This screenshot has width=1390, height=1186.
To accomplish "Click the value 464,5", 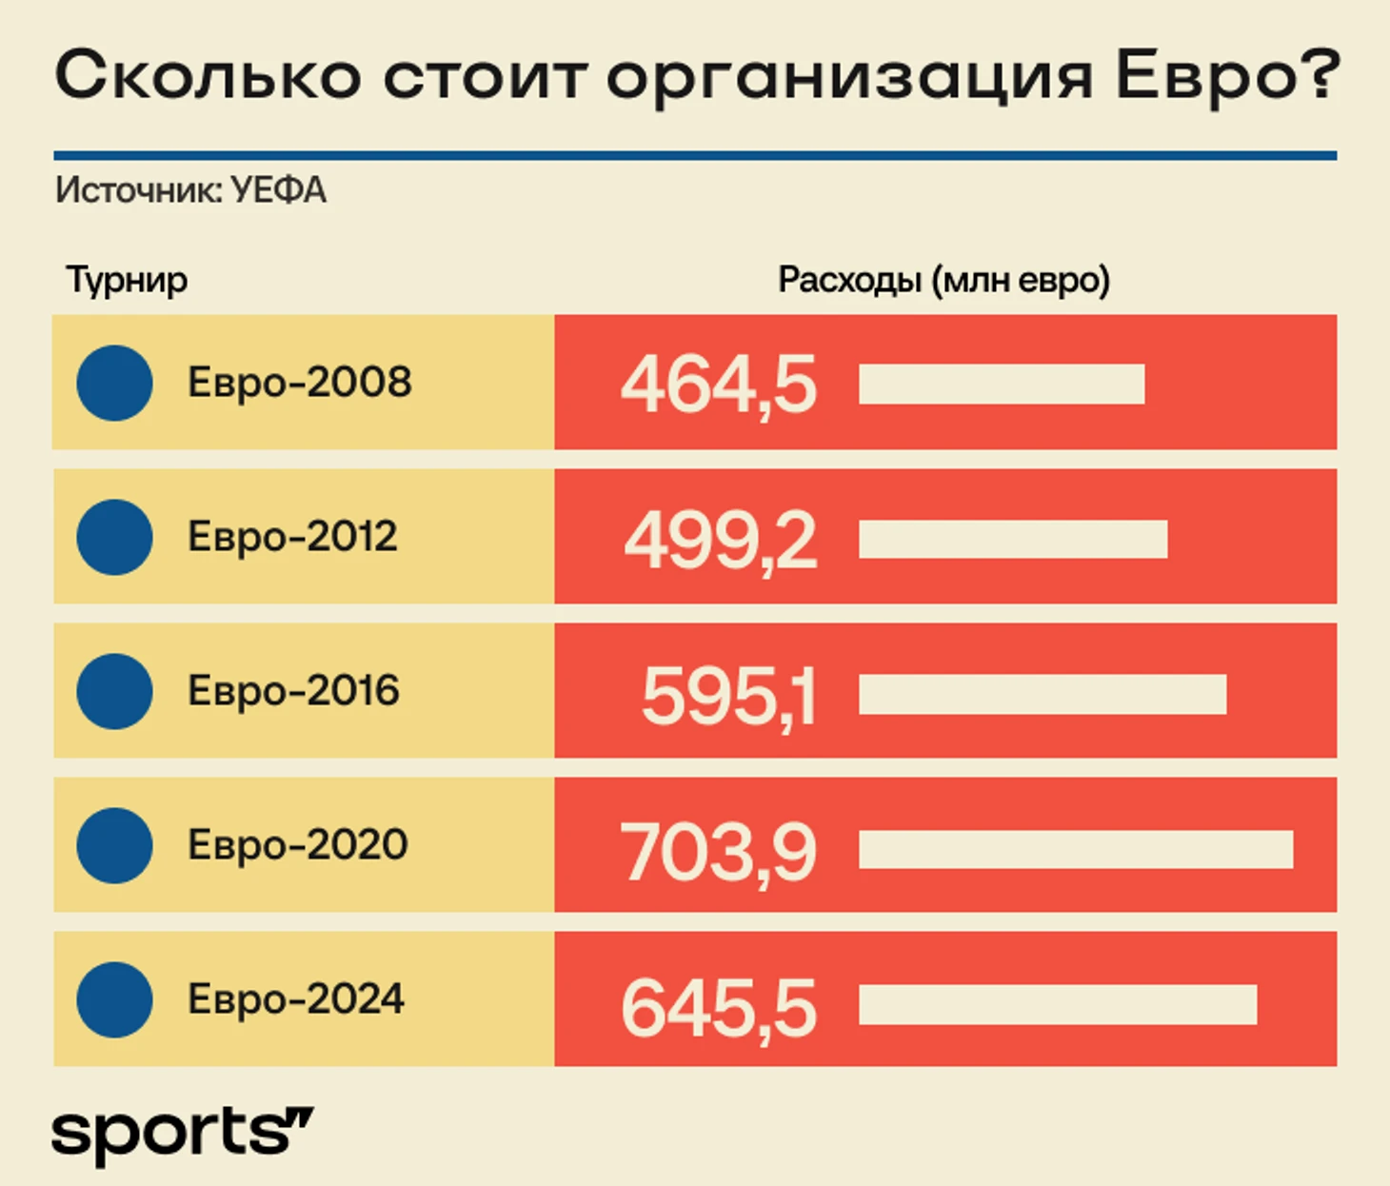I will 719,385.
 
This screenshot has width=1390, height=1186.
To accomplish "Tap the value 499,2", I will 721,540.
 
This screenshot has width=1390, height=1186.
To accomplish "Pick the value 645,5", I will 719,1007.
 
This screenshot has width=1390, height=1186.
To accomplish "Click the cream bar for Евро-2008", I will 1002,385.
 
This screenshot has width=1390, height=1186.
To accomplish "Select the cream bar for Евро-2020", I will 1076,850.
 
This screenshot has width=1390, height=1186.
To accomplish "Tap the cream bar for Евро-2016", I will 1042,695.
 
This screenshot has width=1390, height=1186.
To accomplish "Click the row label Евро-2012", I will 292,537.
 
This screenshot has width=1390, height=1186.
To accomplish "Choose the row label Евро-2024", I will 296,999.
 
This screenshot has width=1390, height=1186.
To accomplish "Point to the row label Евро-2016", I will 293,691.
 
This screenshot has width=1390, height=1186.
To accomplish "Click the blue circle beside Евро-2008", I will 114,383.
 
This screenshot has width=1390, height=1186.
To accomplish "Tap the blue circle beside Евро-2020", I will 114,845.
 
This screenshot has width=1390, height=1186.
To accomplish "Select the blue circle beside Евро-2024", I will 114,999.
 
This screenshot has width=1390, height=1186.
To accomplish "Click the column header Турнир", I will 127,281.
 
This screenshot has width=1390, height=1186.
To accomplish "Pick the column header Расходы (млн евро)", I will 943,281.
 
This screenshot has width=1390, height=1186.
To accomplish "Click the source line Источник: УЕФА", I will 190,190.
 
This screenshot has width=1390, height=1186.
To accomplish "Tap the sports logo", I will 182,1133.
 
